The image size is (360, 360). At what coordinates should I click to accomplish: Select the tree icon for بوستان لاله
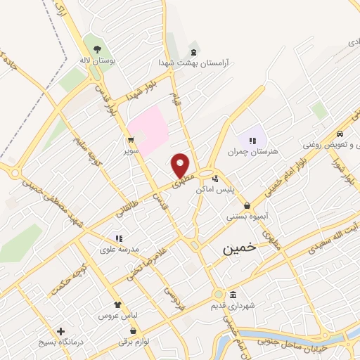(96, 49)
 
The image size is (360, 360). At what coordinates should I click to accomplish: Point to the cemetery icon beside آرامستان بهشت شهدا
(193, 53)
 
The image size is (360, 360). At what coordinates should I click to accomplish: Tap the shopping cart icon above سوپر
(130, 139)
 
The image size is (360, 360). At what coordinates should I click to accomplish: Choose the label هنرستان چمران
(252, 151)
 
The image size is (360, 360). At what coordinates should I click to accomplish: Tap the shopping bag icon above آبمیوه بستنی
(247, 206)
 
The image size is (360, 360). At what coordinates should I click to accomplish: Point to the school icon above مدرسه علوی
(117, 239)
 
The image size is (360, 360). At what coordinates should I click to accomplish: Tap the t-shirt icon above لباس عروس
(118, 306)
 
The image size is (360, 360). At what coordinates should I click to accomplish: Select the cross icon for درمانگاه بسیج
(60, 331)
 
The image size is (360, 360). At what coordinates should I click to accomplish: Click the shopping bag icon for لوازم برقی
(132, 330)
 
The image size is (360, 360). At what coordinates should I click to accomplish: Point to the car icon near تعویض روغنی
(340, 134)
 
